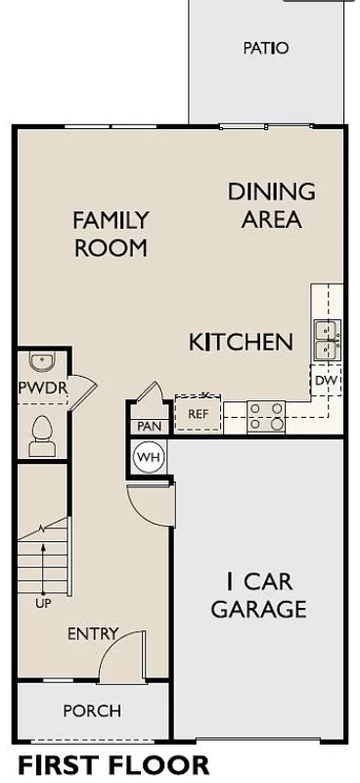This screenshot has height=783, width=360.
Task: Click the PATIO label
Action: tap(266, 48)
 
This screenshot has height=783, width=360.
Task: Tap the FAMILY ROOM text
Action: tap(111, 234)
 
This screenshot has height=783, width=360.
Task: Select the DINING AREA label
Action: tap(272, 206)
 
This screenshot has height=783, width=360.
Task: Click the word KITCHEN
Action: tap(241, 342)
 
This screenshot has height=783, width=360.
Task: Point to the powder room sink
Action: tap(42, 361)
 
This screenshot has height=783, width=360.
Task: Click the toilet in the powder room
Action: tap(42, 436)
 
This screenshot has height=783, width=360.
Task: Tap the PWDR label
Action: tap(42, 387)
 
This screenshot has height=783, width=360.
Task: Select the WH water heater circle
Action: tap(148, 457)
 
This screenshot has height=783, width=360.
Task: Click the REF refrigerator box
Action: tap(198, 413)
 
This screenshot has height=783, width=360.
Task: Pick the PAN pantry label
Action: tap(150, 427)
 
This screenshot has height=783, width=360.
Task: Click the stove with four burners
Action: tap(267, 417)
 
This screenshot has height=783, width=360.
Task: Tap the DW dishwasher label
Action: tap(327, 381)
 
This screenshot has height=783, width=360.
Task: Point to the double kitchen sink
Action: tap(328, 341)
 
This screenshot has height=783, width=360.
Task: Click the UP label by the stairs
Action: tap(43, 604)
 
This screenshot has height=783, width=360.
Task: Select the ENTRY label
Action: tap(93, 634)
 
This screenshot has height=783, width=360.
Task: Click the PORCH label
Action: tap(92, 711)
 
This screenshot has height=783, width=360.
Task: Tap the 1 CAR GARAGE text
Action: tap(258, 595)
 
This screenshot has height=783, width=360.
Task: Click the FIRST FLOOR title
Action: tap(113, 765)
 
